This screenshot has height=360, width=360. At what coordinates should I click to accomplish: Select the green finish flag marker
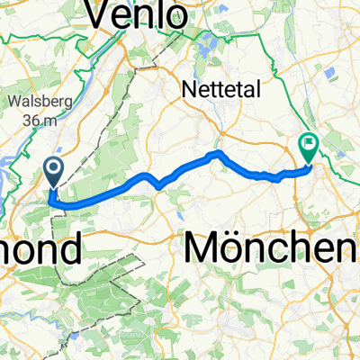click(x=310, y=142)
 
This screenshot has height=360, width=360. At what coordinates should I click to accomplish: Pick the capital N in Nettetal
click(x=188, y=89)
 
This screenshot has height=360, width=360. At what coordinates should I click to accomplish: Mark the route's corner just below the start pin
click(x=55, y=202)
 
